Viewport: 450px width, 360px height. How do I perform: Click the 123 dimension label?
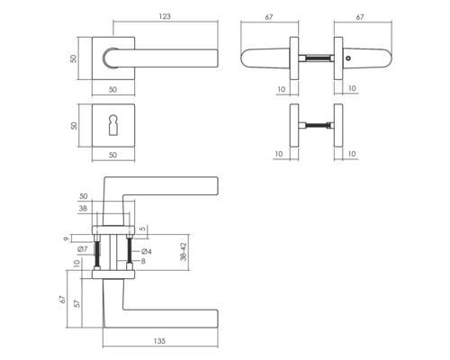(165, 16)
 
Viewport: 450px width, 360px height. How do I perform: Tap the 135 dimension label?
(159, 341)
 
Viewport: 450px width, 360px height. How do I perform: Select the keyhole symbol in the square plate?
(113, 125)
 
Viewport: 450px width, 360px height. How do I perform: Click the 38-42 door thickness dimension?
(184, 251)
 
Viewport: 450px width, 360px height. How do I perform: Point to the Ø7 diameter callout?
(82, 249)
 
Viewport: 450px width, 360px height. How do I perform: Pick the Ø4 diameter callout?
(147, 251)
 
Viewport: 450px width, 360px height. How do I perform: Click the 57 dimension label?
(77, 303)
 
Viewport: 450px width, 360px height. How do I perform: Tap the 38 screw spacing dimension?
(83, 208)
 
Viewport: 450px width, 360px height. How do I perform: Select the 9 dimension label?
(67, 238)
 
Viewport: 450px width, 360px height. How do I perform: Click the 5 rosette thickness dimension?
(143, 229)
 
